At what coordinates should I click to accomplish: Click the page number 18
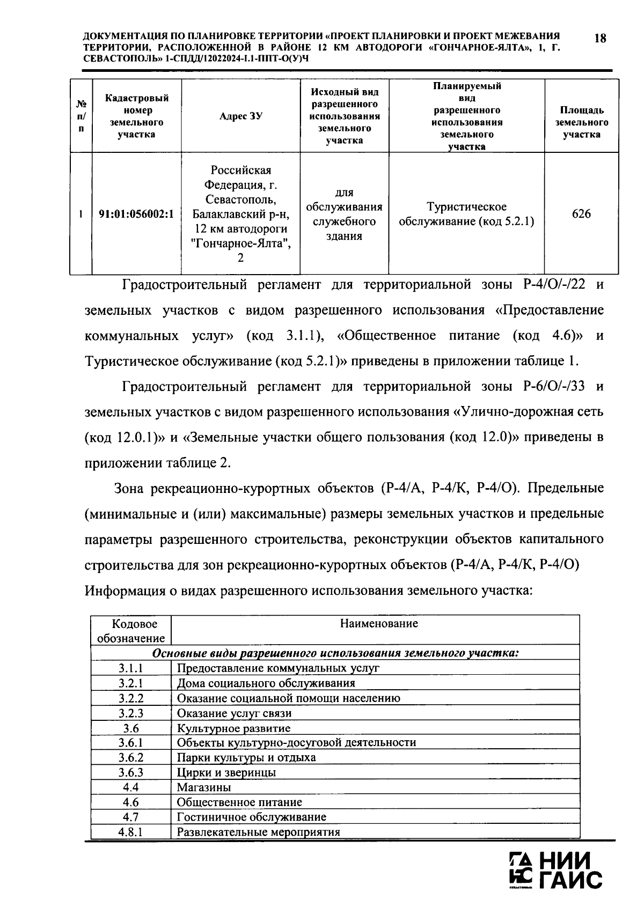[601, 38]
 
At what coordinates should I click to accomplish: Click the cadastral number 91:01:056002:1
[136, 214]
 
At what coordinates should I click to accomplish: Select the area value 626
[581, 214]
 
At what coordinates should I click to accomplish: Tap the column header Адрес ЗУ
[240, 116]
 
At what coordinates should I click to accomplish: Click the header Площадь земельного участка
[581, 122]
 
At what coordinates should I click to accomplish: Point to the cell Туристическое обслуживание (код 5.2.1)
[466, 214]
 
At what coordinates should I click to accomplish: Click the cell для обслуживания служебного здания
[344, 214]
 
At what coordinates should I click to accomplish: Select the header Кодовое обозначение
[130, 631]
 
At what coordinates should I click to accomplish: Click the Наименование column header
[379, 623]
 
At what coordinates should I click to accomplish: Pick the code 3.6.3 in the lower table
[130, 772]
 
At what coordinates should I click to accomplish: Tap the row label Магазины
[204, 787]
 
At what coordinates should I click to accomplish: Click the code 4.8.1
[130, 832]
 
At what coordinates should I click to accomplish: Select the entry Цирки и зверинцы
[226, 772]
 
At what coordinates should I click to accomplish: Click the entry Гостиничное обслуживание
[251, 817]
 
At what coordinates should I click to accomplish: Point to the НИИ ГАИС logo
[555, 870]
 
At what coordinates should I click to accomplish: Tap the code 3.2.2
[130, 698]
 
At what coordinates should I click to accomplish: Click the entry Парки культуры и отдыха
[246, 757]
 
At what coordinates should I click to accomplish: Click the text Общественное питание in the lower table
[239, 802]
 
